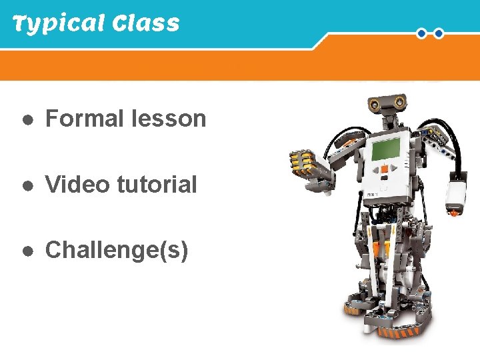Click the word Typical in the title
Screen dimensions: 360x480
(59, 24)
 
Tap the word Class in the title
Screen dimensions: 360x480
(146, 24)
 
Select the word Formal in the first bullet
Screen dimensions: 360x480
(85, 119)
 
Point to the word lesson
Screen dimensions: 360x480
(169, 119)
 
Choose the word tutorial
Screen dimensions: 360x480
(157, 184)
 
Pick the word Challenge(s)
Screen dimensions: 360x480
(116, 250)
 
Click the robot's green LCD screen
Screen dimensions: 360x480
(387, 149)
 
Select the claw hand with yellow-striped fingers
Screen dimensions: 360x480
(303, 163)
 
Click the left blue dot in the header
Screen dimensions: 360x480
(422, 33)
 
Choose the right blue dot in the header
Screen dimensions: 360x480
(439, 33)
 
